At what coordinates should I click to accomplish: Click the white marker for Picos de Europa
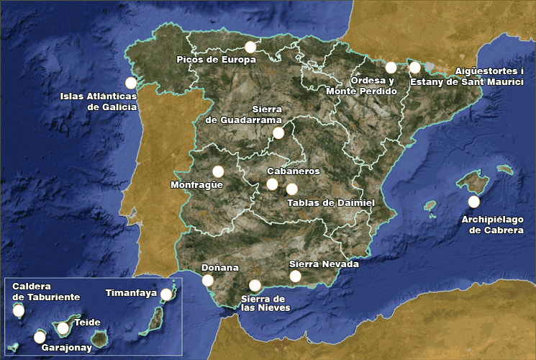pyautogui.click(x=250, y=47)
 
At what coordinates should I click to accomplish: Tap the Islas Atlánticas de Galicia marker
pyautogui.click(x=130, y=83)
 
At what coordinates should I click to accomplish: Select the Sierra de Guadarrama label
pyautogui.click(x=242, y=114)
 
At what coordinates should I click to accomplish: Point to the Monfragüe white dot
pyautogui.click(x=218, y=171)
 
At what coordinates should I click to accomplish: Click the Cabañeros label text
pyautogui.click(x=293, y=171)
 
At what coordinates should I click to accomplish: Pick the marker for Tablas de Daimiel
pyautogui.click(x=291, y=189)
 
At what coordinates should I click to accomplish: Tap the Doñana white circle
pyautogui.click(x=207, y=280)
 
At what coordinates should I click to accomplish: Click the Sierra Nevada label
pyautogui.click(x=323, y=264)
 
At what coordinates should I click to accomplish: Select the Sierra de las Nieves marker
pyautogui.click(x=255, y=285)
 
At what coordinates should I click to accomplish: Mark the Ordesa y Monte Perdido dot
pyautogui.click(x=391, y=68)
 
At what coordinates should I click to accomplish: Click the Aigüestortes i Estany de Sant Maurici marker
pyautogui.click(x=414, y=68)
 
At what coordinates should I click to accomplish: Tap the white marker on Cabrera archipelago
pyautogui.click(x=473, y=202)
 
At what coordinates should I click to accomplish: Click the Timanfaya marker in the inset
pyautogui.click(x=166, y=294)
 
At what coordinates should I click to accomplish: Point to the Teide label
pyautogui.click(x=87, y=323)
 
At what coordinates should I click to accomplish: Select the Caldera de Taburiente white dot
pyautogui.click(x=19, y=311)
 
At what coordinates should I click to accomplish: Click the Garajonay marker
pyautogui.click(x=40, y=336)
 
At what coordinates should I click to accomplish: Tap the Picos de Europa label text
pyautogui.click(x=216, y=60)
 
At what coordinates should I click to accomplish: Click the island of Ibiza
pyautogui.click(x=430, y=207)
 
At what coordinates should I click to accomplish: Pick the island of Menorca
pyautogui.click(x=504, y=170)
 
